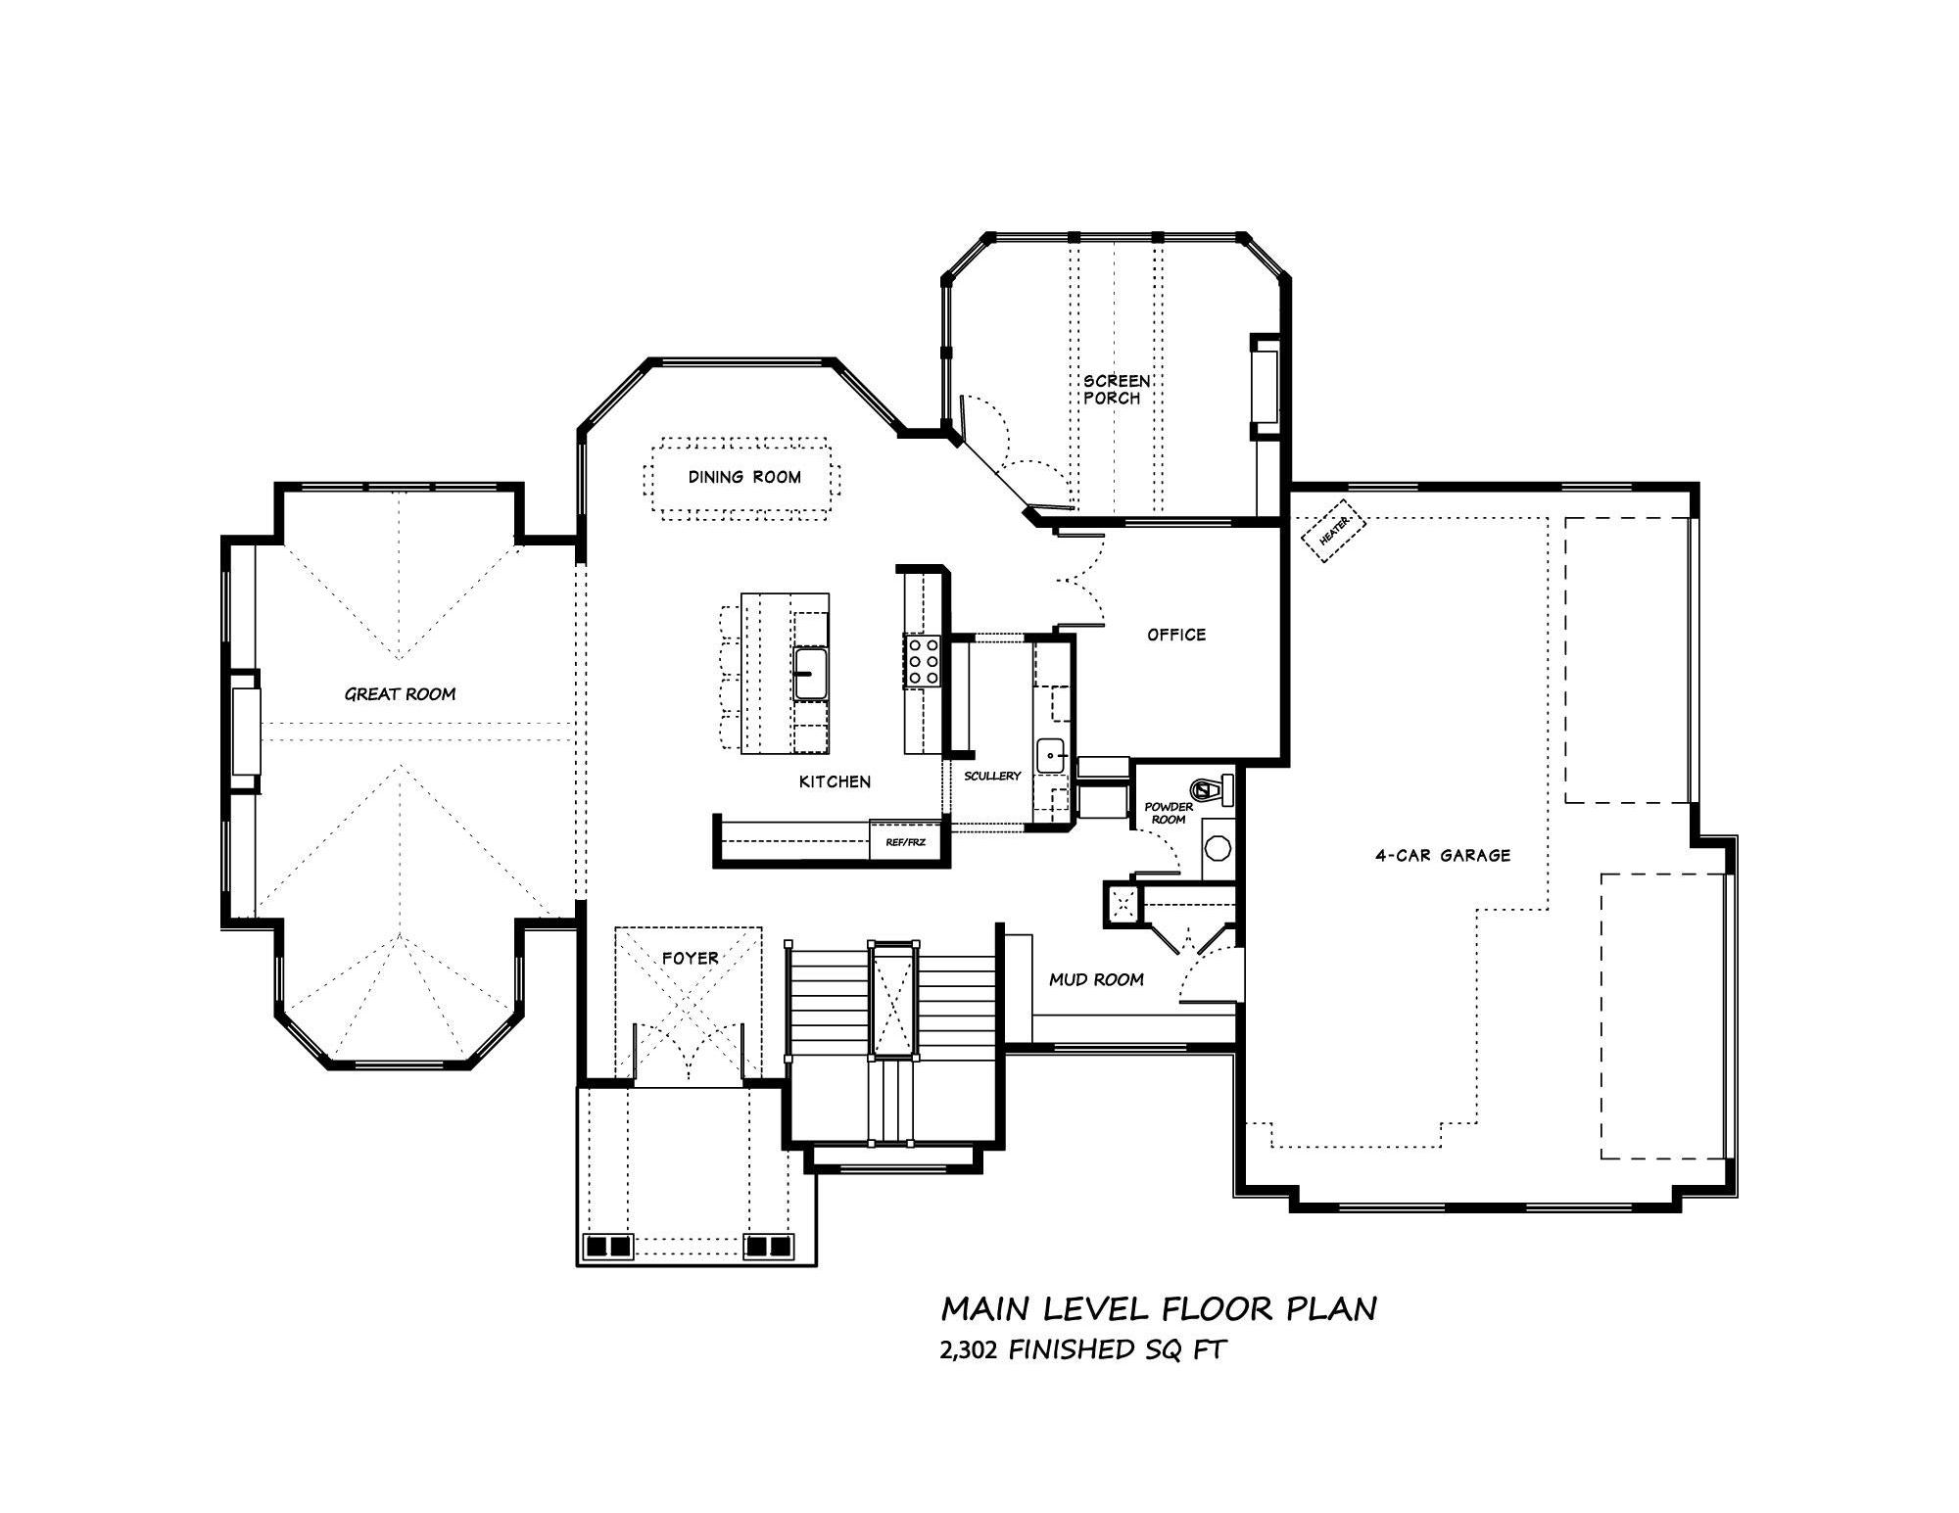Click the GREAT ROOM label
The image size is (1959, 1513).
(400, 694)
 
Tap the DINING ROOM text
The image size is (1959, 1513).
(744, 477)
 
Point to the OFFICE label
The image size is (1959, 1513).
(1176, 635)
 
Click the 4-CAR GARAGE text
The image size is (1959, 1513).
(1443, 855)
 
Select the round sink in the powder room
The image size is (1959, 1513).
(1218, 847)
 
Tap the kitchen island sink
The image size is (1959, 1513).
(810, 673)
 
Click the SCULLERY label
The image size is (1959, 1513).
(992, 776)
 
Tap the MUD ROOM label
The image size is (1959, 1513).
(1096, 979)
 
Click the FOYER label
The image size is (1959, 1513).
(690, 958)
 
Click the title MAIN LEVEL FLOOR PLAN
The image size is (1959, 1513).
(1159, 1309)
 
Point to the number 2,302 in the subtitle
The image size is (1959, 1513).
(970, 1351)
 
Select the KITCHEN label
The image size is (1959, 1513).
(835, 781)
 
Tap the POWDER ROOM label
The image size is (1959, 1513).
(1169, 813)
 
